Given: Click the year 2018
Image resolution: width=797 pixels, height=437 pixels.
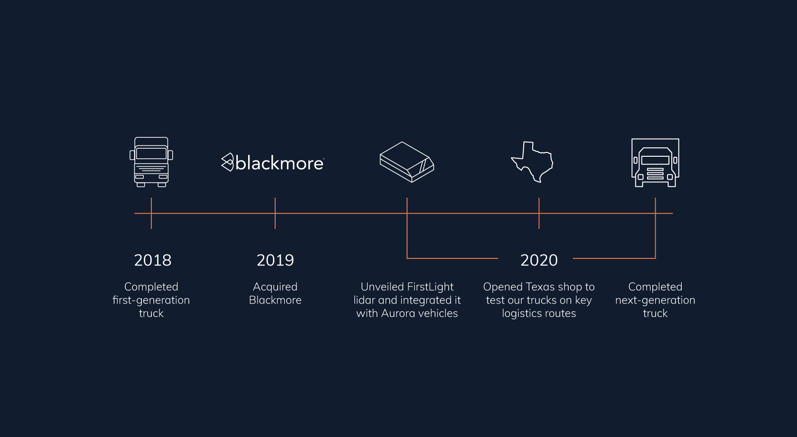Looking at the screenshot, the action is [153, 260].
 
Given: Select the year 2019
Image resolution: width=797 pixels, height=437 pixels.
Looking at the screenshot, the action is [275, 260].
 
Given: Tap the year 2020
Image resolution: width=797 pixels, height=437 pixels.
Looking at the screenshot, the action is [539, 260].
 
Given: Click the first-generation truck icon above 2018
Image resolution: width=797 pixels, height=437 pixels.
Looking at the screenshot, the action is [151, 162].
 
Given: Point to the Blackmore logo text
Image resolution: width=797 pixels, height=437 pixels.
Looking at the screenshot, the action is [280, 163].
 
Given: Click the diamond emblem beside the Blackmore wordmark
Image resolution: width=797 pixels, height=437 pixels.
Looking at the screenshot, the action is [227, 162].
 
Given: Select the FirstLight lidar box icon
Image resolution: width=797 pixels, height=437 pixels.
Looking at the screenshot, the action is [407, 162].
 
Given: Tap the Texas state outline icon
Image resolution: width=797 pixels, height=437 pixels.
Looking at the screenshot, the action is [532, 162].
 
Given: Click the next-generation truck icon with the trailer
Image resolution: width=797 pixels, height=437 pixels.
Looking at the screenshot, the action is [655, 163].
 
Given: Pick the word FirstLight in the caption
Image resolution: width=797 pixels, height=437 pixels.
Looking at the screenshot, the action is [430, 287].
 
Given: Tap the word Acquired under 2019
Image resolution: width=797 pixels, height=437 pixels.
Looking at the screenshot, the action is [275, 287].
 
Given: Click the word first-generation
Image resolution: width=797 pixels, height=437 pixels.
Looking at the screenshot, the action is [151, 300].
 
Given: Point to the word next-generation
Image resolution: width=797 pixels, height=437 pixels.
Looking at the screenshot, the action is [655, 300].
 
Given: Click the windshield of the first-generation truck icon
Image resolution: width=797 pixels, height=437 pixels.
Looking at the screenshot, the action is [151, 153].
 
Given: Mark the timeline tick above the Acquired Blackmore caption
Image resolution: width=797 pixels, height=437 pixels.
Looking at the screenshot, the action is [275, 213].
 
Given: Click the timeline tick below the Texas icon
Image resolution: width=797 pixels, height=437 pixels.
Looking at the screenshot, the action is [539, 213].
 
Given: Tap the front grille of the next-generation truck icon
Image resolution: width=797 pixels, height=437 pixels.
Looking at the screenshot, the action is [655, 173].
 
